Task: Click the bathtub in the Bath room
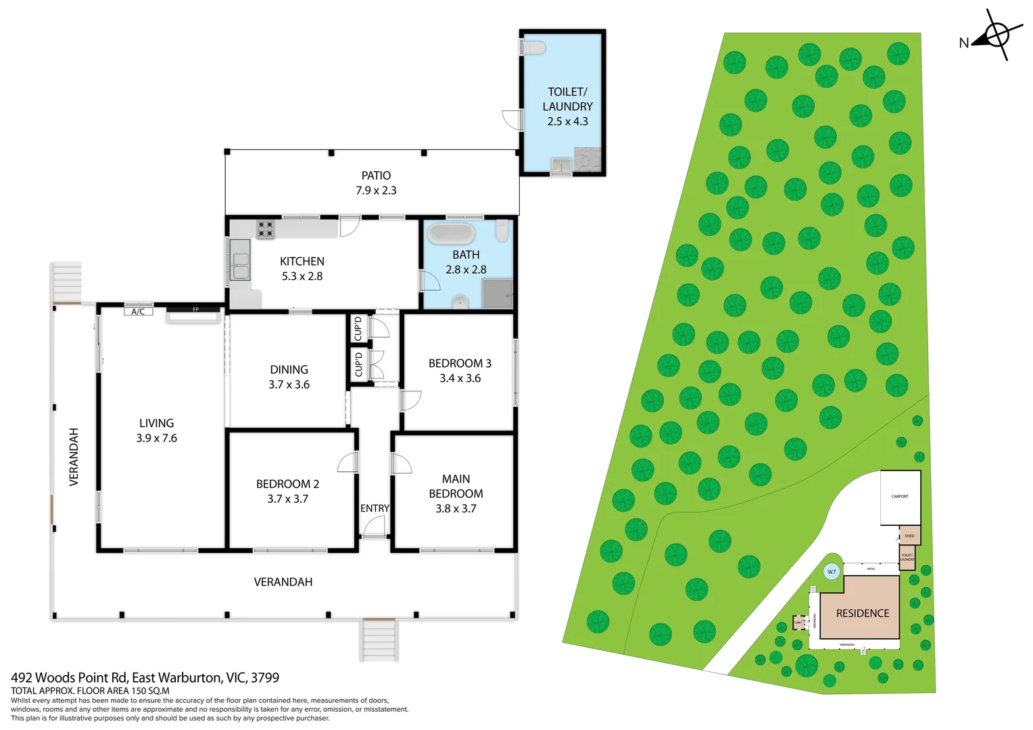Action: [451, 234]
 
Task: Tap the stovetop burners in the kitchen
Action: [265, 229]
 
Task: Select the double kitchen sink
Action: [240, 260]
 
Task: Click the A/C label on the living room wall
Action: [138, 312]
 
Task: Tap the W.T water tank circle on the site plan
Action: [832, 572]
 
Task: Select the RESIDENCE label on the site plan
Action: [862, 613]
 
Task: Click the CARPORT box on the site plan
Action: [900, 497]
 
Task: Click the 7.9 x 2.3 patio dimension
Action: [376, 191]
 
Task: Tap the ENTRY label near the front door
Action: [375, 508]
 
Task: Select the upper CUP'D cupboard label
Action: [358, 328]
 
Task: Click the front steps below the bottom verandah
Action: [379, 639]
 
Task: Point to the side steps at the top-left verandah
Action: [67, 282]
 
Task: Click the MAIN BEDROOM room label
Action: [456, 486]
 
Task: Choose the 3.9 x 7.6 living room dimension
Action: [156, 438]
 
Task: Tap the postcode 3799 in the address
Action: [265, 677]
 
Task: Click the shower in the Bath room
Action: [498, 294]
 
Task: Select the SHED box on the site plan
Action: [909, 535]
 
